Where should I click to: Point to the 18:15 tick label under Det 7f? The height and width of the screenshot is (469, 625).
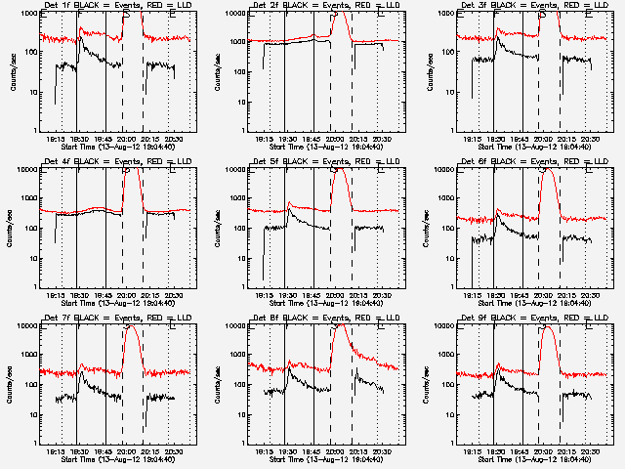(57, 451)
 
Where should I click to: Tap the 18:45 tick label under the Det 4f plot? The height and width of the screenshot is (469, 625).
(104, 295)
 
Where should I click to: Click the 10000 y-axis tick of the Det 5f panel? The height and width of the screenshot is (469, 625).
(239, 170)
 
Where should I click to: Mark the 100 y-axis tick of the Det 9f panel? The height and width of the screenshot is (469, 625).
(449, 385)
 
